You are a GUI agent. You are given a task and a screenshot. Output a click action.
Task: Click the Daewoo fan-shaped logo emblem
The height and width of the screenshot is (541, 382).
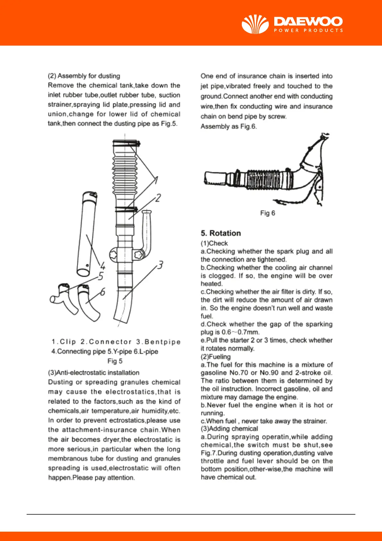[x=255, y=24]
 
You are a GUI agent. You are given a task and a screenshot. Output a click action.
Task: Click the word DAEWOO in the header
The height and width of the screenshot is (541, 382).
[x=308, y=22]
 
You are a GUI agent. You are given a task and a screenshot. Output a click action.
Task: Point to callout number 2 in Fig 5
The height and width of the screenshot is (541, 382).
[x=158, y=198]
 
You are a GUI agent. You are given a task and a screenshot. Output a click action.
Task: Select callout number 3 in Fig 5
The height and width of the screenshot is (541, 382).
[x=160, y=265]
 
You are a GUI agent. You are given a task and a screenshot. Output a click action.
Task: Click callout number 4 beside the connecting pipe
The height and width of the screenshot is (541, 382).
[x=103, y=266]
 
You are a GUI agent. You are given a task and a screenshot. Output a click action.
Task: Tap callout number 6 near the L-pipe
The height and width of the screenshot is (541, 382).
[x=103, y=292]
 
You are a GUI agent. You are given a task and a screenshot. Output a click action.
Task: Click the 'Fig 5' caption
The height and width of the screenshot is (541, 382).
[x=115, y=361]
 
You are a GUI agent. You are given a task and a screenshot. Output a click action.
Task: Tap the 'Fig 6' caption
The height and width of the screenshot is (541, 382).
[x=267, y=213]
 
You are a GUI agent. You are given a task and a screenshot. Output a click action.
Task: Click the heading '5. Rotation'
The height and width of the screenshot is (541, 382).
[x=221, y=233]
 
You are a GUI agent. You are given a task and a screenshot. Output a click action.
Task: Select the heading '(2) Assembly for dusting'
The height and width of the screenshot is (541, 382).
[x=84, y=76]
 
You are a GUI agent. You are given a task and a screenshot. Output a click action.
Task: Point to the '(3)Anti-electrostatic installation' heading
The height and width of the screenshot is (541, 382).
[x=94, y=373]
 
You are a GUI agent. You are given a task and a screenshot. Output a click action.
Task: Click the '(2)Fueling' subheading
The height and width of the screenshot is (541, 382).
[x=216, y=357]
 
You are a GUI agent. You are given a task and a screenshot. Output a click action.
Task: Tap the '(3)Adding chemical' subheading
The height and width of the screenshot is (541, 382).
[x=229, y=429]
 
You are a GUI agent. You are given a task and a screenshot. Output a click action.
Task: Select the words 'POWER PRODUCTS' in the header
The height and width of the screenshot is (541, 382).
[x=308, y=31]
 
